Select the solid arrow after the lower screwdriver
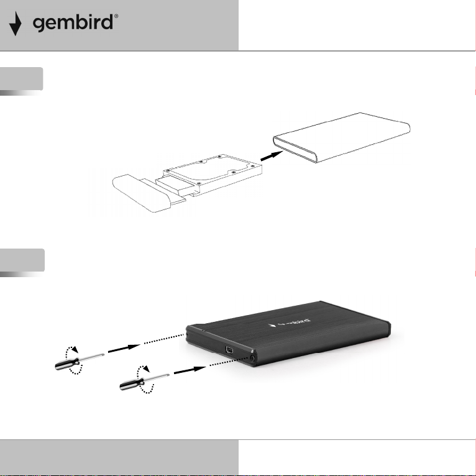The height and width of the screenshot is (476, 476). [190, 370]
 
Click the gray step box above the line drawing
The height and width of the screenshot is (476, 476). [22, 80]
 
